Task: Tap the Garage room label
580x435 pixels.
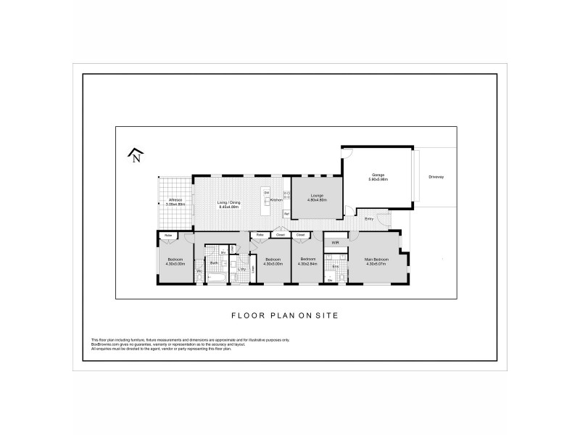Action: pyautogui.click(x=378, y=175)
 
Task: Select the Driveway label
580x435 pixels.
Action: pyautogui.click(x=436, y=176)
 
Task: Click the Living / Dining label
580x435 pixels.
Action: pyautogui.click(x=230, y=202)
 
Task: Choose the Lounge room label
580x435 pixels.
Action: pyautogui.click(x=317, y=195)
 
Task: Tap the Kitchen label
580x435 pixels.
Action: pyautogui.click(x=276, y=199)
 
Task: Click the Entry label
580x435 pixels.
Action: pyautogui.click(x=369, y=218)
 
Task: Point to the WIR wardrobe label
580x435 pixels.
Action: pyautogui.click(x=335, y=242)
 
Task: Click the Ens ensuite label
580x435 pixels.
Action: pyautogui.click(x=335, y=266)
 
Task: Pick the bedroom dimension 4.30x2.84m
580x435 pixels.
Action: pyautogui.click(x=308, y=263)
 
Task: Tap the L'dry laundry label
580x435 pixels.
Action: pyautogui.click(x=242, y=270)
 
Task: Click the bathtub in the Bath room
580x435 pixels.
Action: pyautogui.click(x=215, y=278)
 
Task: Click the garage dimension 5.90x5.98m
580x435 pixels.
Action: pyautogui.click(x=378, y=179)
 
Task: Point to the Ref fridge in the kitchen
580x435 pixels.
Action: pyautogui.click(x=286, y=214)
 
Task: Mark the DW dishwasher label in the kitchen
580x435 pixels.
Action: pyautogui.click(x=267, y=192)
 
